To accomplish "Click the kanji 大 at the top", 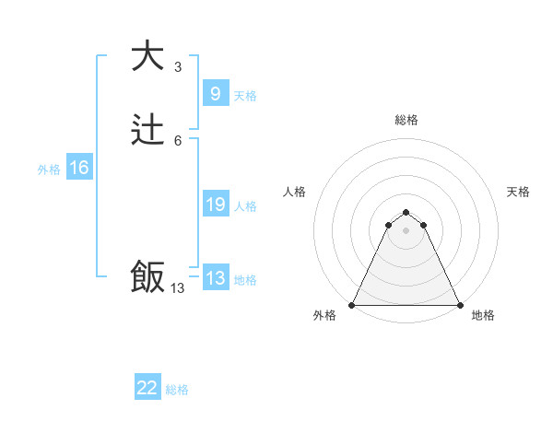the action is (x=148, y=56).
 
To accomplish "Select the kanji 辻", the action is (x=148, y=132).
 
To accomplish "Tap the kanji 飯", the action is (x=148, y=277).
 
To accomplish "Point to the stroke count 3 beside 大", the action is (x=178, y=67).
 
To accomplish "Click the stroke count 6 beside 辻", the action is (x=178, y=141).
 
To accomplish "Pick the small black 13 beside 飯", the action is (x=178, y=288).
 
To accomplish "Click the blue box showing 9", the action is (x=215, y=93).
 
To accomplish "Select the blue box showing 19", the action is (x=215, y=205).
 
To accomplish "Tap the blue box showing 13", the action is (x=215, y=278).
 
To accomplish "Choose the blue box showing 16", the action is (x=79, y=168).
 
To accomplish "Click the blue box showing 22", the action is (x=147, y=388).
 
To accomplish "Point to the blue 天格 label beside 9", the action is (x=245, y=96).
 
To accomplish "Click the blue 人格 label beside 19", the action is (x=245, y=206).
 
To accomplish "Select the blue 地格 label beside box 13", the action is (x=245, y=280).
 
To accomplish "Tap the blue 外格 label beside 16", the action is (x=49, y=170).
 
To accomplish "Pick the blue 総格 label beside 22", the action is (x=177, y=390).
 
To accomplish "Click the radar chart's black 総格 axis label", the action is (x=406, y=120).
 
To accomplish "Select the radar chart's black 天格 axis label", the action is (x=518, y=192).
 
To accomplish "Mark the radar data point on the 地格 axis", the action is (x=459, y=304).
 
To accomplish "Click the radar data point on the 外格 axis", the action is (x=352, y=304).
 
